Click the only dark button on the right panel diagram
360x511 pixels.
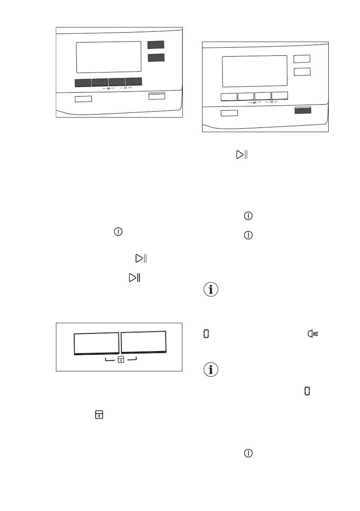pos(303,111)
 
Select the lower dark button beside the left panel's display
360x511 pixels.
pos(155,57)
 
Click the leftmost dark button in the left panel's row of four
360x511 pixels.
pos(83,82)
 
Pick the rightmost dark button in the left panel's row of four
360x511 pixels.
pos(133,82)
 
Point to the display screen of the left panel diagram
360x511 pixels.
pos(109,57)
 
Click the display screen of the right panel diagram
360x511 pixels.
pos(254,71)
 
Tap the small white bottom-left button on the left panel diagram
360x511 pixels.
pos(83,99)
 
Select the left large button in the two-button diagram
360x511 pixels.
pos(96,343)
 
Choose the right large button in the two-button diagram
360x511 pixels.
pos(143,342)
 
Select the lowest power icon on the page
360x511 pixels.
pos(248,453)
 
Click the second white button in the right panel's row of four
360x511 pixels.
pos(246,96)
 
